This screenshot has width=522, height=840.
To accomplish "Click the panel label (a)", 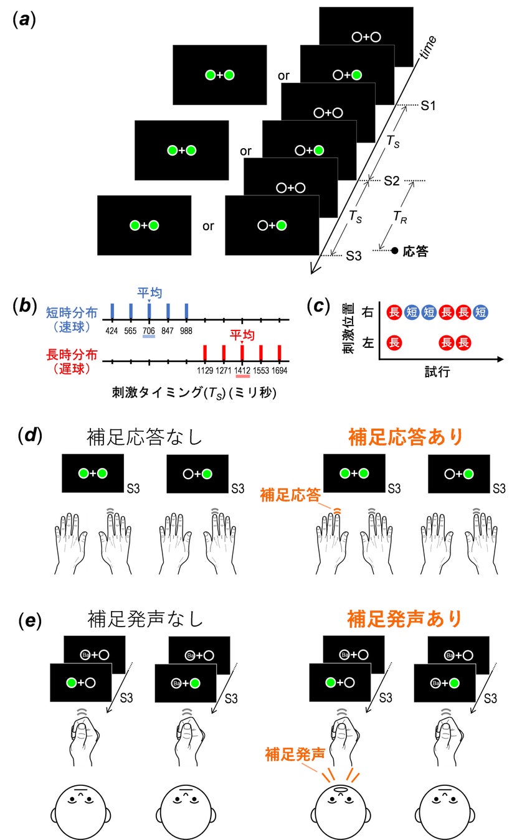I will click(24, 19).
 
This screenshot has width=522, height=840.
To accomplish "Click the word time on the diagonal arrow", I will click(429, 48).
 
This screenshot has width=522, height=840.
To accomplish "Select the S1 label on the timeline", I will click(428, 106).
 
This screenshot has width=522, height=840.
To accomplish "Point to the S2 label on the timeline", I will click(391, 181).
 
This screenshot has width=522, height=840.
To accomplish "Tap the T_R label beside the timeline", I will click(402, 216).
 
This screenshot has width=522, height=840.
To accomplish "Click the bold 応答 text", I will click(416, 252).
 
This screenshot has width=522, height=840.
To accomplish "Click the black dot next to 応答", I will click(394, 251).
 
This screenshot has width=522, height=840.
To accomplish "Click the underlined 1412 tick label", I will click(242, 371).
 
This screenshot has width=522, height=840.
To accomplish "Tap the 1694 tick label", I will click(279, 371).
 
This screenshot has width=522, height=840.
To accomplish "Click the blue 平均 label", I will click(149, 292).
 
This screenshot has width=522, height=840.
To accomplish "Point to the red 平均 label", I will click(242, 335).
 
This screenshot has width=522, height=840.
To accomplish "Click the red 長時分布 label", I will click(72, 355).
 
